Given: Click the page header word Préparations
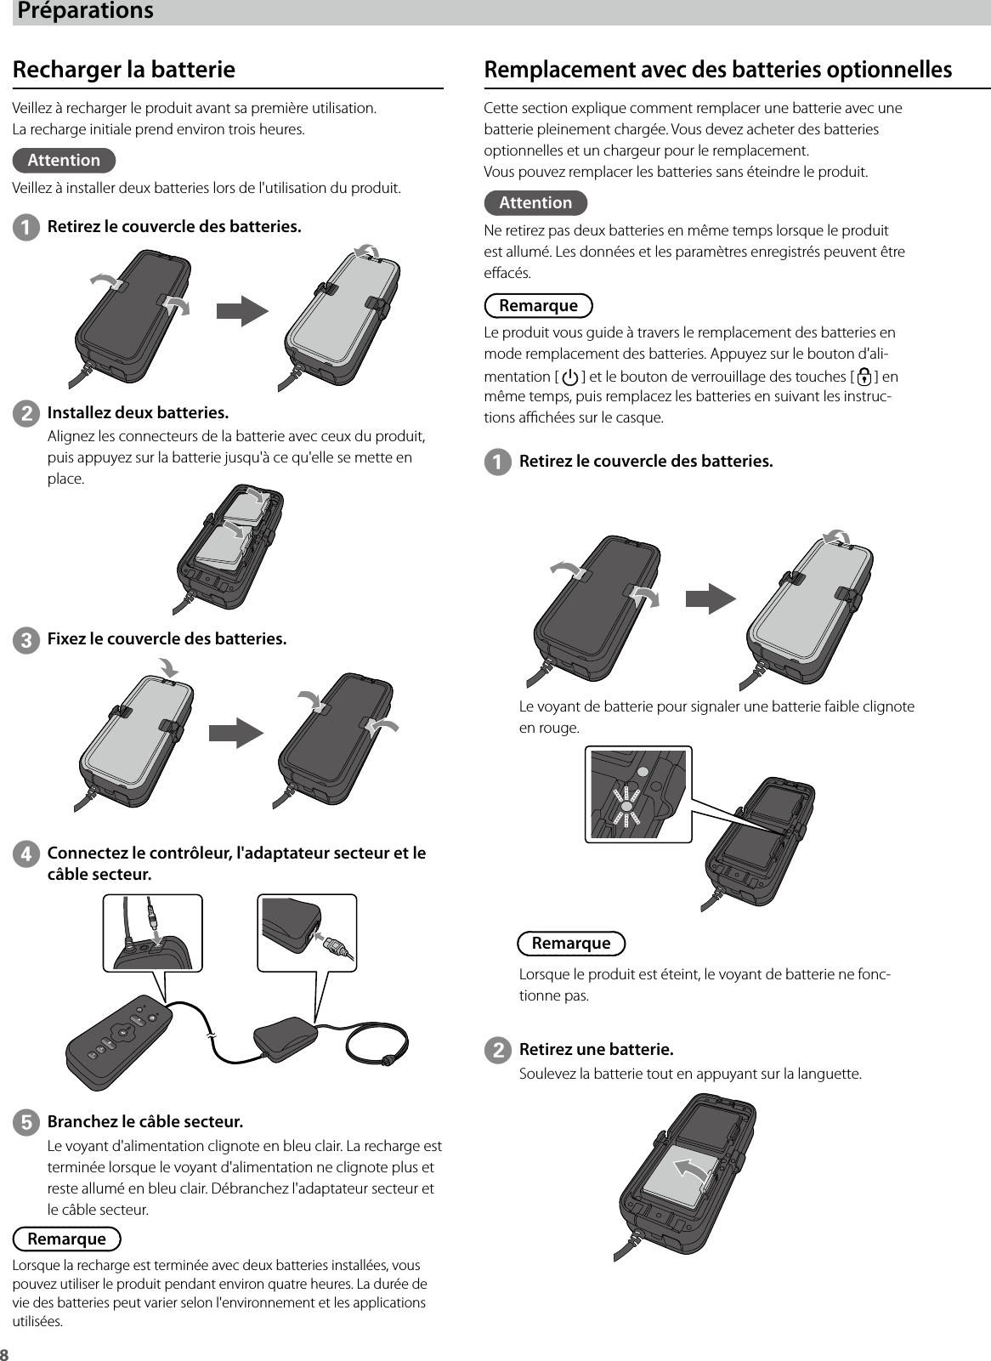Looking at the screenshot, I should point(86,11).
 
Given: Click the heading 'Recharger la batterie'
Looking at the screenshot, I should point(124,69).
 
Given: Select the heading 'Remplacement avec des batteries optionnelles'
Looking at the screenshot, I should point(717,69).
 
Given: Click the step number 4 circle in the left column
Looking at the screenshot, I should point(26,853).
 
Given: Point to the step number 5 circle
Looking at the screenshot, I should point(26,1122).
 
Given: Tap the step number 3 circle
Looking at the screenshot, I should point(26,639).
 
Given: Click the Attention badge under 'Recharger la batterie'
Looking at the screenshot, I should point(65,160).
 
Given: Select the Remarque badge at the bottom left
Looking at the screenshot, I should point(67,1239).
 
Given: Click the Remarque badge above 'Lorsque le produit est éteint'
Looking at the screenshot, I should point(571,943).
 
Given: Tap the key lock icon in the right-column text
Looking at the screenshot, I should point(864,377).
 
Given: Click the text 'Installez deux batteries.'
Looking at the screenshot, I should point(138,413).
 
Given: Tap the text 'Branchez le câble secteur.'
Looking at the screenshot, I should point(144,1121).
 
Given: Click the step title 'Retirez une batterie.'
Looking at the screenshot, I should point(596,1048).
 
